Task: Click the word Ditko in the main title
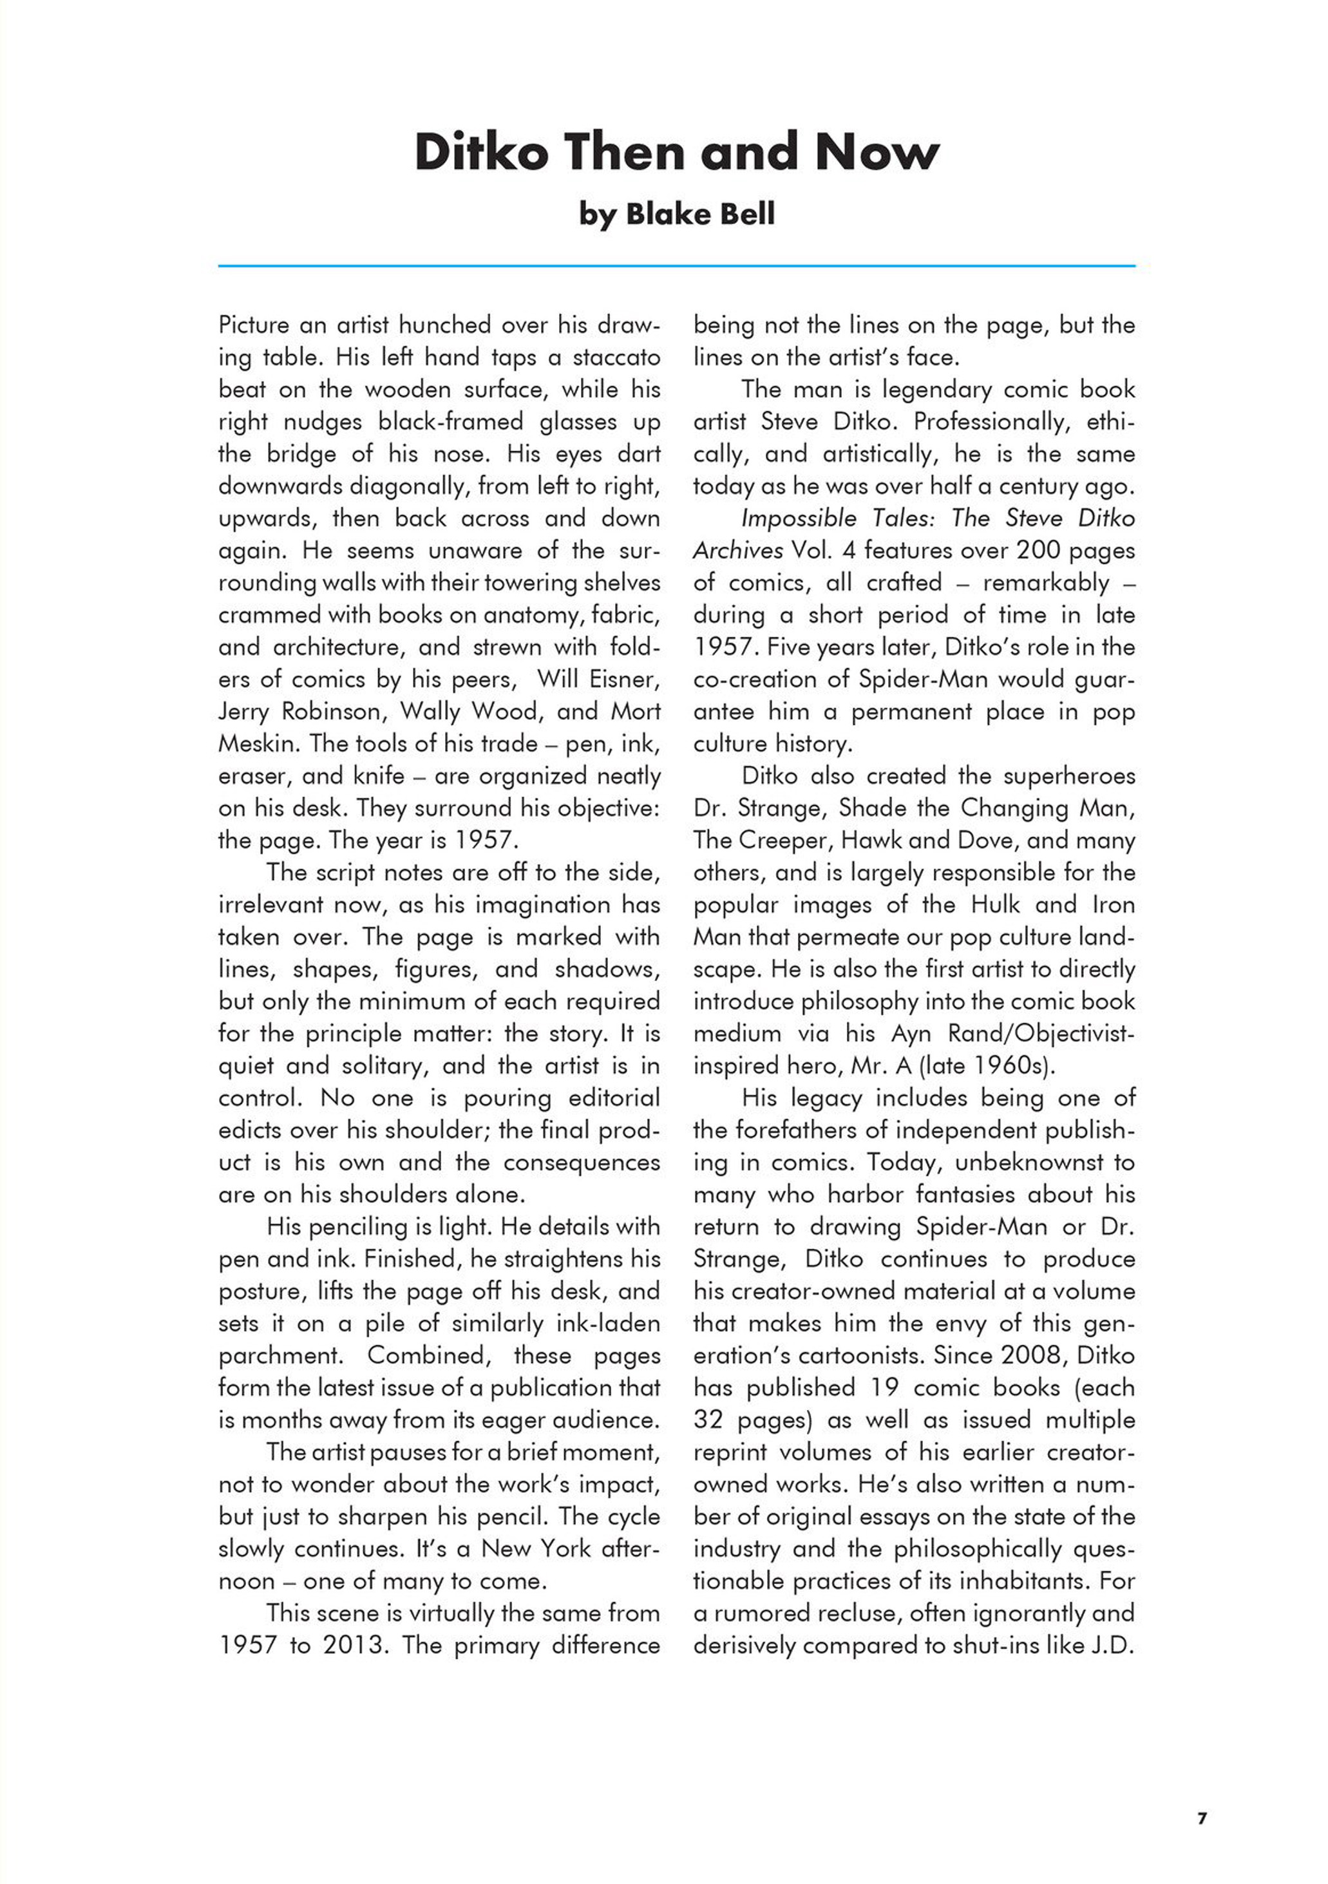click(x=480, y=153)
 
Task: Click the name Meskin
click(x=258, y=744)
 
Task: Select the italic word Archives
click(x=737, y=551)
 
